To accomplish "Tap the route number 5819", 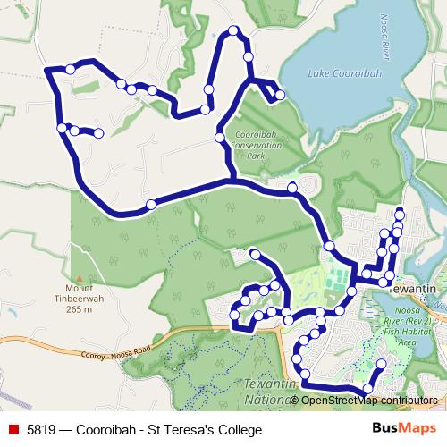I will coord(39,431).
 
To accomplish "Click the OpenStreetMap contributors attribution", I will coord(369,400).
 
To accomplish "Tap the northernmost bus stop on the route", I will coord(234,31).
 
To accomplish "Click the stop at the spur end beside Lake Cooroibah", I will coord(280,95).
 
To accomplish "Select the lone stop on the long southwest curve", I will coord(151,205).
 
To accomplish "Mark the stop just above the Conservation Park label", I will coord(220,138).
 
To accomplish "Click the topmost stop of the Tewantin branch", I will coord(400,212).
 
